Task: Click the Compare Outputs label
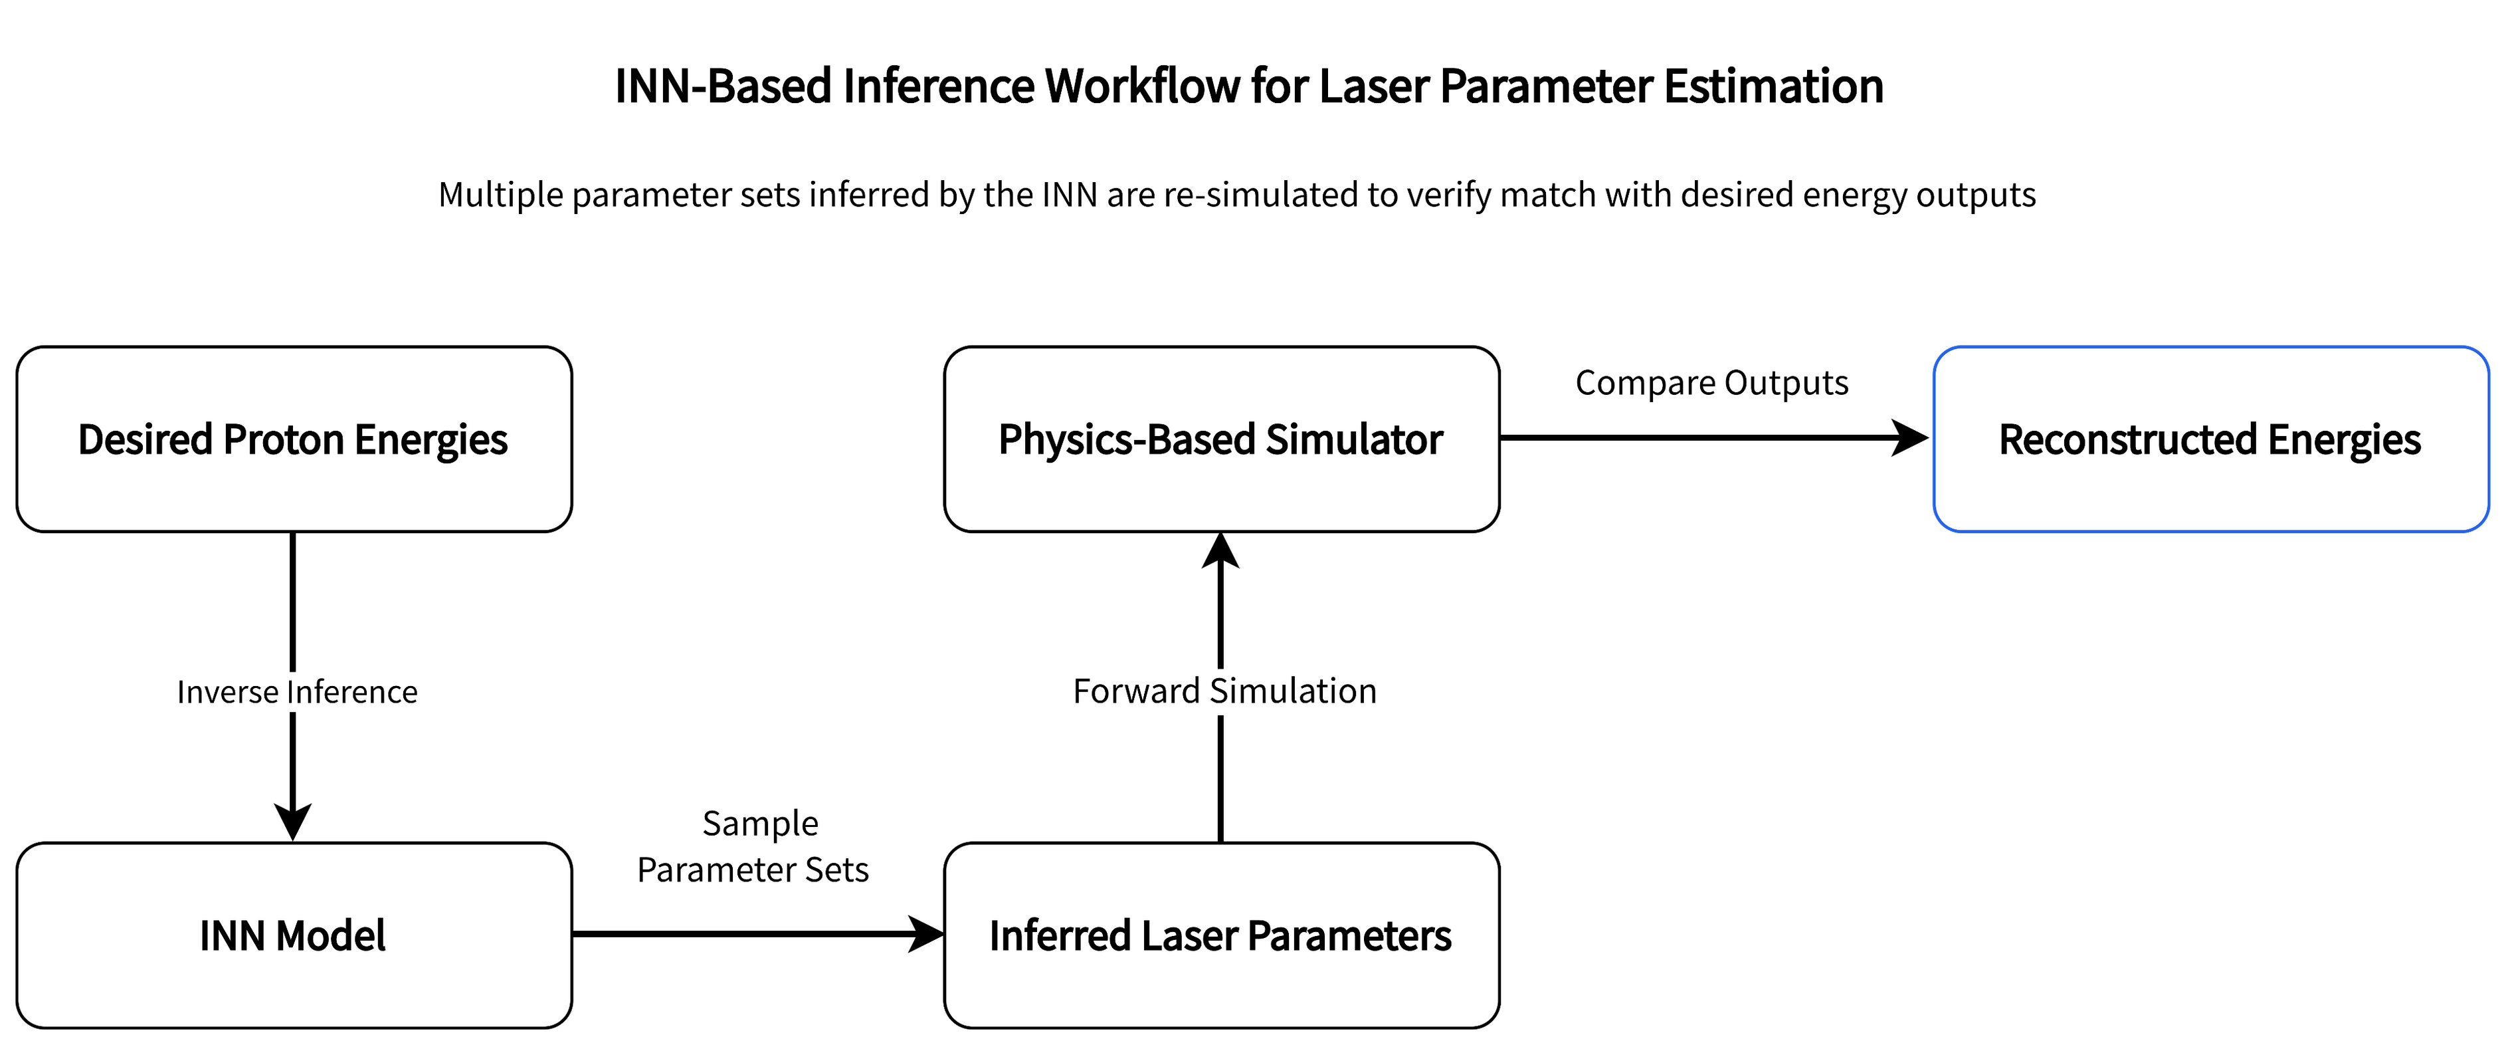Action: (x=1711, y=384)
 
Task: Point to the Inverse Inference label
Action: (x=297, y=692)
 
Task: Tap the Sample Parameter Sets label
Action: (x=756, y=846)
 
